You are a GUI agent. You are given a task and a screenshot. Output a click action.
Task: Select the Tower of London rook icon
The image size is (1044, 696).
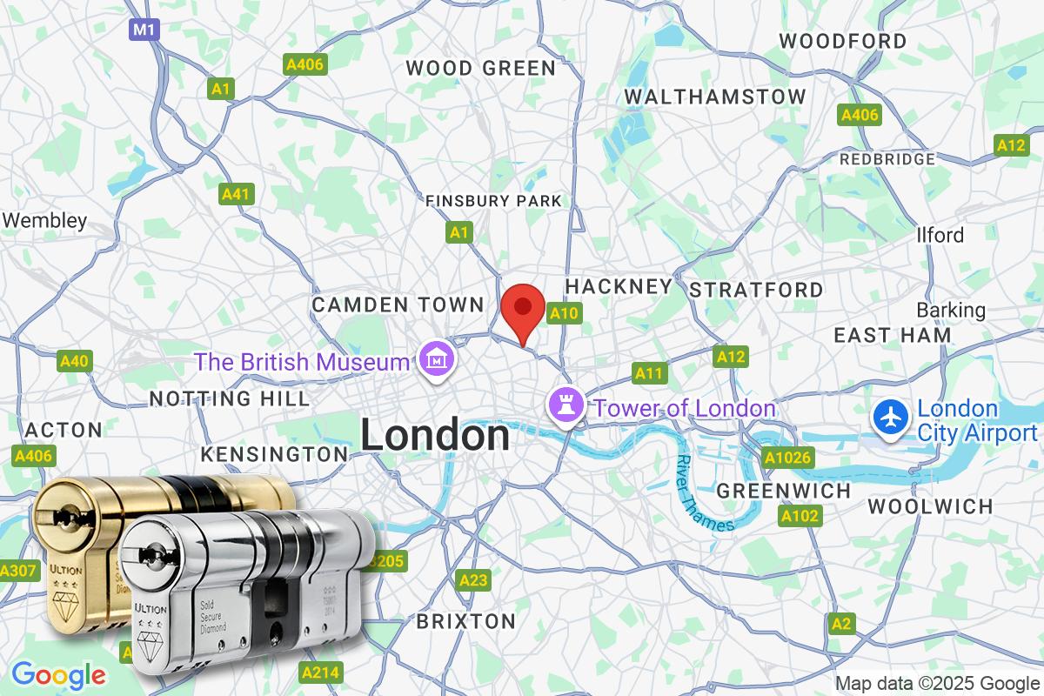[563, 406]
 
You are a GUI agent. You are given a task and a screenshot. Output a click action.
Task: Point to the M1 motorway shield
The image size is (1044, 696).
[144, 30]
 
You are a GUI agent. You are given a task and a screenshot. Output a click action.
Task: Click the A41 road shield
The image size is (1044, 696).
[237, 193]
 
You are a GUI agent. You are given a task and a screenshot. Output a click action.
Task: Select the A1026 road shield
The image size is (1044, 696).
[786, 457]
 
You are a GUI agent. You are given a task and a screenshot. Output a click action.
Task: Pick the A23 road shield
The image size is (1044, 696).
[474, 579]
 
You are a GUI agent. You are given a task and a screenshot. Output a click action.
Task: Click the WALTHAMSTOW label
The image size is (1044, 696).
[715, 96]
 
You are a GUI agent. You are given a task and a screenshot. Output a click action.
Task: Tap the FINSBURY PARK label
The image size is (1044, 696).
[493, 201]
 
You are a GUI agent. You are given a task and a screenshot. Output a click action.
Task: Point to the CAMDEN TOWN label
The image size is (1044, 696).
[398, 304]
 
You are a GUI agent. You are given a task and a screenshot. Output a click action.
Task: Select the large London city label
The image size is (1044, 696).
[435, 435]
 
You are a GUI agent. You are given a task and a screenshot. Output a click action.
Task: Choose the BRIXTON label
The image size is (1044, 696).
[466, 621]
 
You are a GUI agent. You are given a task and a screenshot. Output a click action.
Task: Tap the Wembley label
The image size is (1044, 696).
[44, 221]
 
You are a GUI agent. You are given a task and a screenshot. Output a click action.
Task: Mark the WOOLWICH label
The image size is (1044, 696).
[930, 506]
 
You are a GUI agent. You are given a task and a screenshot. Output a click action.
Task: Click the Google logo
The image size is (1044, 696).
[58, 674]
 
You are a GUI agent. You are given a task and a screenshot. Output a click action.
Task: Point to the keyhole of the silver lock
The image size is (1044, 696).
[151, 553]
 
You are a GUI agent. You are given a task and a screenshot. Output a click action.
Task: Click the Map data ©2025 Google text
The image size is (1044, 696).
[938, 683]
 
